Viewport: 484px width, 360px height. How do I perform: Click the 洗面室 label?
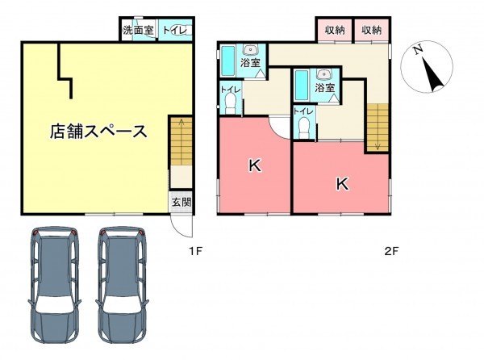(137, 31)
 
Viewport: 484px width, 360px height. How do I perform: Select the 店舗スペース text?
(98, 131)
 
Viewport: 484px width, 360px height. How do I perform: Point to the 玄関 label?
(181, 203)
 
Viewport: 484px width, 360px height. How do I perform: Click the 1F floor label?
(194, 251)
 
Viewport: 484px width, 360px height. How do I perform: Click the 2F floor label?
(391, 251)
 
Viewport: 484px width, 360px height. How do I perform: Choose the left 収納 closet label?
(335, 30)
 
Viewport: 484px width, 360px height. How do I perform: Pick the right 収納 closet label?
(371, 30)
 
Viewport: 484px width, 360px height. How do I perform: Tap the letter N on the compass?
(418, 50)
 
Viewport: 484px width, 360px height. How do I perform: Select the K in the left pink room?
(254, 167)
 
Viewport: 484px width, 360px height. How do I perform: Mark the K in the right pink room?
(342, 184)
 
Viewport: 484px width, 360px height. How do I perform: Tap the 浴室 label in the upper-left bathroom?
(250, 63)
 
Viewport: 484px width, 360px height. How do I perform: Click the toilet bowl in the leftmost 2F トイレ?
(230, 103)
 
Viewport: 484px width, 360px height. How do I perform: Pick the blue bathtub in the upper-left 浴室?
(227, 61)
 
